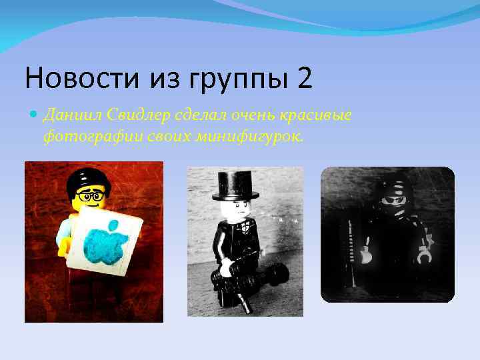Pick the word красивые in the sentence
(317, 115)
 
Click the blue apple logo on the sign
(105, 243)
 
